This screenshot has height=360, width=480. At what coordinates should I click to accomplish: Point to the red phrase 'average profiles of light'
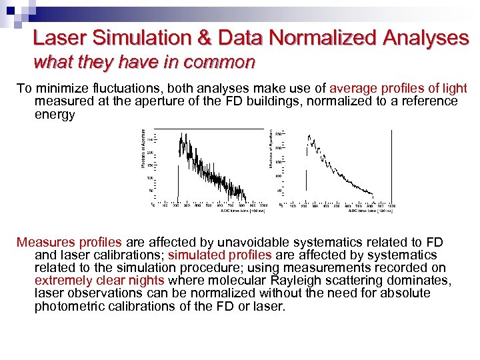coord(398,89)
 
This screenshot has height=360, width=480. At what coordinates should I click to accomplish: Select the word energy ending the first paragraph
coord(55,114)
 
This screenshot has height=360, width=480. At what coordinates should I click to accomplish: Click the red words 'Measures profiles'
coord(69,242)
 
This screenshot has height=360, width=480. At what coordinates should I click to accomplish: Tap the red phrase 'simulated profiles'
coord(219,255)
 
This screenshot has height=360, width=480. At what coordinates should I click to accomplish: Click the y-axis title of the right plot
coord(271,148)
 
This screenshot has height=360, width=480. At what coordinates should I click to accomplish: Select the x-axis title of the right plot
coord(371,211)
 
